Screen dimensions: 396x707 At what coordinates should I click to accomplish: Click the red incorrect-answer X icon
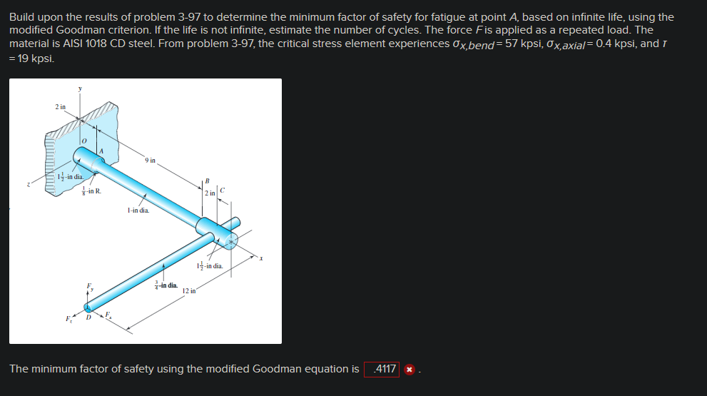[409, 370]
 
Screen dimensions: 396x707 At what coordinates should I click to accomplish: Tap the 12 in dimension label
[188, 291]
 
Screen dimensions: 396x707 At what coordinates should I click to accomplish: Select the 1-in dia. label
[138, 210]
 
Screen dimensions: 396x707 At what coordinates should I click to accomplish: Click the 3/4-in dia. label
[166, 285]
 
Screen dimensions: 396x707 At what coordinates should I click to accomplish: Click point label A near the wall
[102, 151]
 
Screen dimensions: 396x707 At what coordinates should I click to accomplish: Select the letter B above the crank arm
[207, 181]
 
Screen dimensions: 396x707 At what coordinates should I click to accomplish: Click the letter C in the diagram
[223, 190]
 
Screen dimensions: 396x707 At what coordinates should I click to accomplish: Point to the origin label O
[83, 141]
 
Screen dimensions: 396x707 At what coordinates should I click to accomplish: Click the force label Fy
[89, 287]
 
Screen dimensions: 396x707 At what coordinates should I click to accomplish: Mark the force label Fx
[108, 314]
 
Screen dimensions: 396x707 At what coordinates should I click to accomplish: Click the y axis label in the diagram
[80, 88]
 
